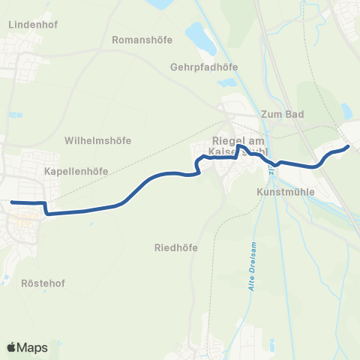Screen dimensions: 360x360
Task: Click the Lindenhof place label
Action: coord(29,24)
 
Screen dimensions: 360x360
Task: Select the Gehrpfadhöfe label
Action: coord(204,66)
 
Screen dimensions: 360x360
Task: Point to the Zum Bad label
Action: coord(280,115)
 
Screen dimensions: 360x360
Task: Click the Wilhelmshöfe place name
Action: coord(98,140)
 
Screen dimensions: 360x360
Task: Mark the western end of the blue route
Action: coord(12,201)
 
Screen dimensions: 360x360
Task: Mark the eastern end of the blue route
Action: coord(348,147)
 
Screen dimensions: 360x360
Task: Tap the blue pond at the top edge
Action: coord(160,4)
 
